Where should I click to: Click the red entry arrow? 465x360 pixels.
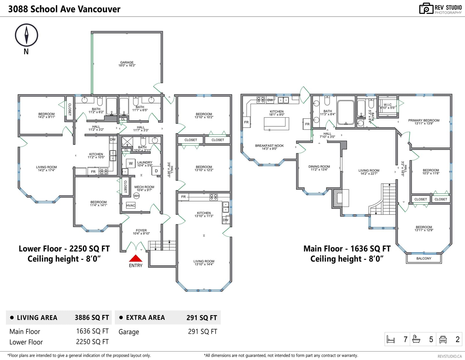[135, 258]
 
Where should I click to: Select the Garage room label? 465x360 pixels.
[127, 62]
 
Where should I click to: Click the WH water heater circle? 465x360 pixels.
[136, 196]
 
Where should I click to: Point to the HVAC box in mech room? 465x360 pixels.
[130, 205]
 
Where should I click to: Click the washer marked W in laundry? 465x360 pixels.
[130, 163]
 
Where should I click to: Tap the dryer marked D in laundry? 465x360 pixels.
[156, 171]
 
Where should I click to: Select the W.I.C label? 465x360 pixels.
[387, 105]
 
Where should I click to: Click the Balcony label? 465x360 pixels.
[424, 258]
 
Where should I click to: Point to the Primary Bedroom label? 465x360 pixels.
[424, 120]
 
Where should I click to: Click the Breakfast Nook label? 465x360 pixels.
[269, 146]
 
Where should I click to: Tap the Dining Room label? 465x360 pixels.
[319, 166]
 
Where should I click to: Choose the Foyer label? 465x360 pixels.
[141, 230]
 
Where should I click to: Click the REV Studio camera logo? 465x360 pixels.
[426, 8]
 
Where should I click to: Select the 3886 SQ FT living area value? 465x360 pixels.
[92, 318]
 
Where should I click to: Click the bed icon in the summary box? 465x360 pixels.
[391, 339]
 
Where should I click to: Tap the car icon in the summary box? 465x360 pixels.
[443, 339]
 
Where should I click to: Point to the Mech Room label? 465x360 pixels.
[144, 187]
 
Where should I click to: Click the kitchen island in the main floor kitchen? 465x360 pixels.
[276, 124]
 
